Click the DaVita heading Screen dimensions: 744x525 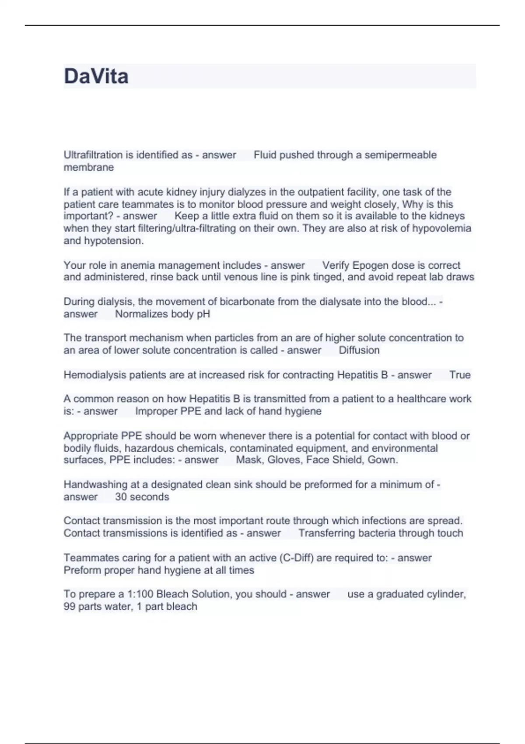click(x=96, y=76)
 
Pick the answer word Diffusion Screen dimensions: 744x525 click(x=359, y=350)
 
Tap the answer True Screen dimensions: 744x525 click(x=460, y=375)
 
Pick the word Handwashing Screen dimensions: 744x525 click(x=91, y=484)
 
